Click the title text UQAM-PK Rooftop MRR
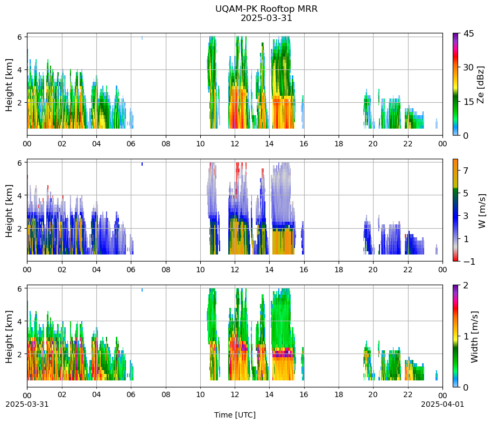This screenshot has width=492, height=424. tap(266, 9)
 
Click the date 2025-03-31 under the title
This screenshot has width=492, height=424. tap(266, 18)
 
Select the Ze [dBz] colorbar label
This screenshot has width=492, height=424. tap(480, 84)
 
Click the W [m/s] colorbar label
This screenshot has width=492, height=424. tap(482, 211)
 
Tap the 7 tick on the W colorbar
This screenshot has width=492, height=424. tap(466, 171)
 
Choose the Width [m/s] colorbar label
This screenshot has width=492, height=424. tap(474, 337)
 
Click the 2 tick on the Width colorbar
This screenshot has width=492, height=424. tap(466, 285)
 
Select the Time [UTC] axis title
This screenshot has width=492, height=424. tap(235, 415)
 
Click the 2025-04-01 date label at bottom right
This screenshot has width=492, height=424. tap(442, 404)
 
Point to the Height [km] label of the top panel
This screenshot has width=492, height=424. tap(9, 84)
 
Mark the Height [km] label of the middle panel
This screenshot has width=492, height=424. tap(9, 211)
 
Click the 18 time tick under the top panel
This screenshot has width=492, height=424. tap(339, 144)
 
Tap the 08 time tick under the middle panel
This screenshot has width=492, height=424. tap(166, 270)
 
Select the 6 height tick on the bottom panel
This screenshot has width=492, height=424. tap(20, 288)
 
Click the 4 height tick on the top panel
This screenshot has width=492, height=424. tap(20, 69)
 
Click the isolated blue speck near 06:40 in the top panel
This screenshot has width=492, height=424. tap(142, 38)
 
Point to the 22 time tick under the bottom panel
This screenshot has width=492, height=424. tap(408, 394)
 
